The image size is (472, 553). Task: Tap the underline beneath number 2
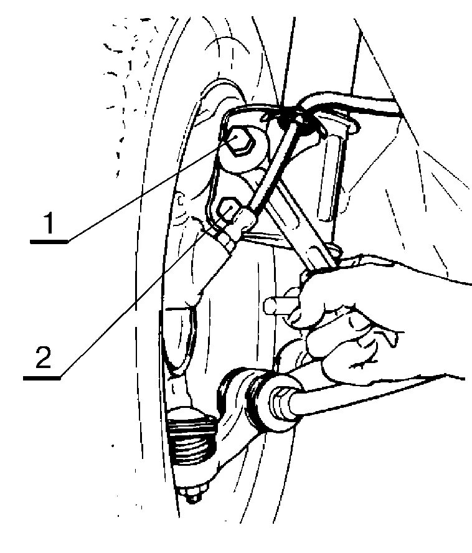(43, 376)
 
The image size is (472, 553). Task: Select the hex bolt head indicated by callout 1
(240, 142)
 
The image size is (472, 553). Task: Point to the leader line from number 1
(143, 193)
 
